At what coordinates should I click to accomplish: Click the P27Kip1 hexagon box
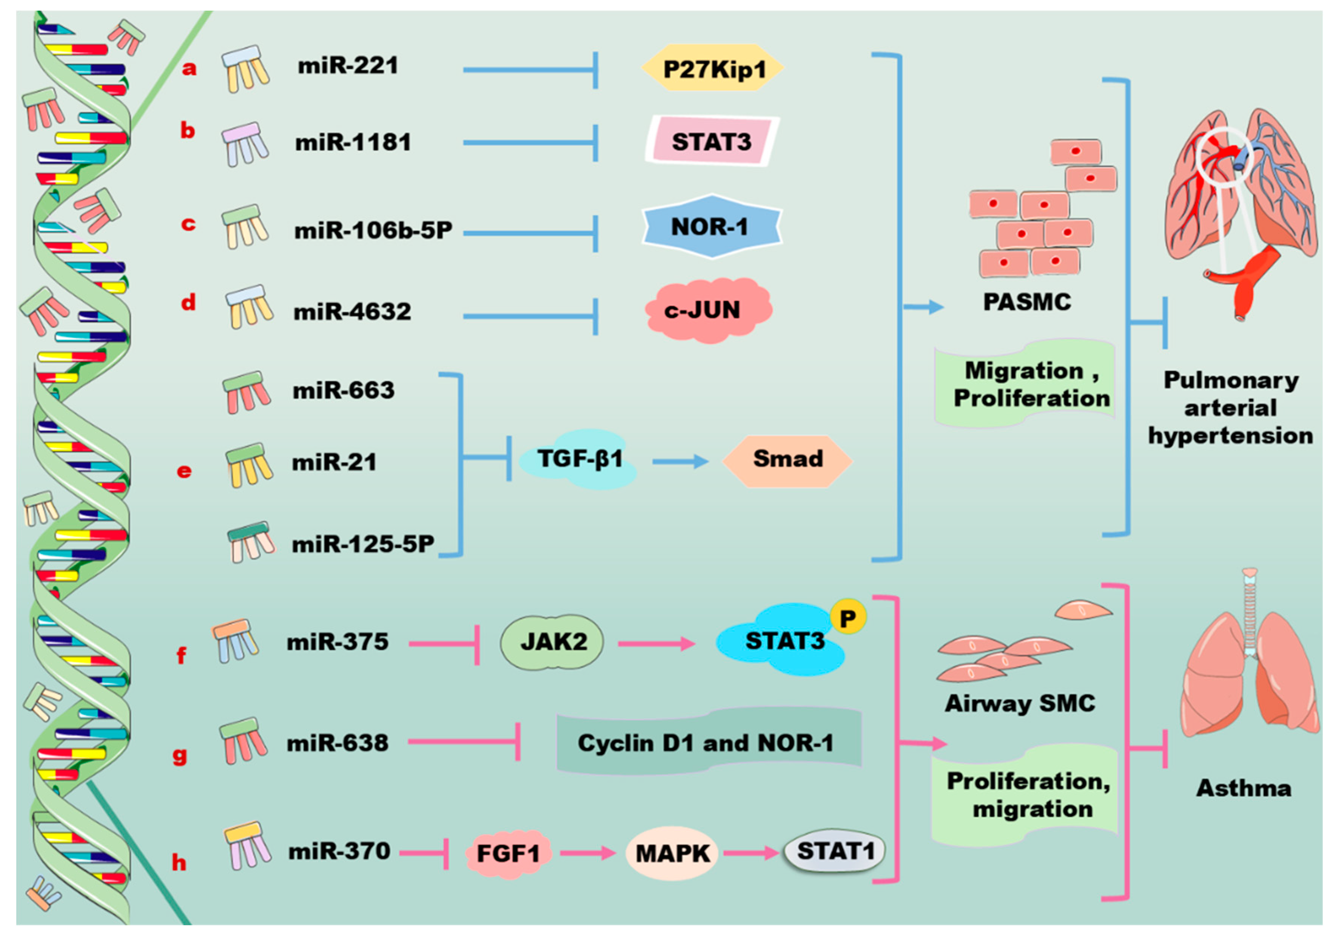click(x=713, y=68)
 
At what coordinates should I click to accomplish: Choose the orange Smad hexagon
click(x=787, y=460)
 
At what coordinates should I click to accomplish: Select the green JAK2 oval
click(x=552, y=642)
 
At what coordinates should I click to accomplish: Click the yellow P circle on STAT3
click(x=848, y=618)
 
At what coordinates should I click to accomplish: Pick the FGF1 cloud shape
click(x=508, y=853)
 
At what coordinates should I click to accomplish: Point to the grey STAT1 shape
click(x=835, y=852)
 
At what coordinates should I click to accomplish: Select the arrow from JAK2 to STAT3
click(x=656, y=643)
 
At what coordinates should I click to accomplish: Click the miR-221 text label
click(x=348, y=66)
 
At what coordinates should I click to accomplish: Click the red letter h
click(x=179, y=863)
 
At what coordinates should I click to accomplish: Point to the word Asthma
click(x=1244, y=788)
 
